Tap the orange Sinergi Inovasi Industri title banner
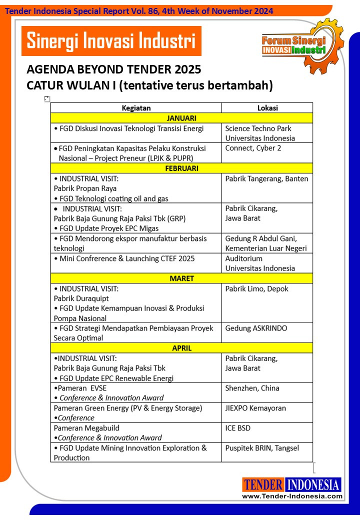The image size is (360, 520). pos(111,40)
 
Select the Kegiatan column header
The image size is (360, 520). pos(136,107)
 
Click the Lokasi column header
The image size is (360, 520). pos(267,107)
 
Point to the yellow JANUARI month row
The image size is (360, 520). pos(181,118)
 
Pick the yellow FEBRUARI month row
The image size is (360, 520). pos(181,168)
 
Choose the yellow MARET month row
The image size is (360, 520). pos(181,278)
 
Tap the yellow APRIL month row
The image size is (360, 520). pos(181,348)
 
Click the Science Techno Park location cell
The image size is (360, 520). pos(267,133)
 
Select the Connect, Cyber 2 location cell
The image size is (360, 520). pos(267,152)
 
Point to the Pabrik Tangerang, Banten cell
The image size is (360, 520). pos(267,188)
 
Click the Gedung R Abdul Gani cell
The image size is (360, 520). pos(267,243)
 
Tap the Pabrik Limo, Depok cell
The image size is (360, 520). pos(267,303)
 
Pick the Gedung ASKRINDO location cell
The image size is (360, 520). pos(267,333)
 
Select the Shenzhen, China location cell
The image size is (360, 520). pos(267,393)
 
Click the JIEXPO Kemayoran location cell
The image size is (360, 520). pos(267,413)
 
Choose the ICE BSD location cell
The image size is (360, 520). pos(267,433)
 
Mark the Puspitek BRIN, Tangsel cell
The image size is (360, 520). pos(267,452)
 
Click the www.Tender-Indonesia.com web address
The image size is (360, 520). pos(292,496)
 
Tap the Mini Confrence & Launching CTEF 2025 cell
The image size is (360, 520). pos(136,263)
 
